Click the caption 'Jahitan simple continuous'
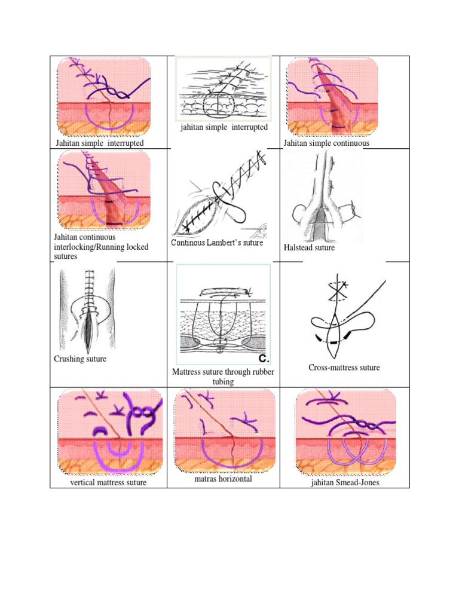click(x=326, y=143)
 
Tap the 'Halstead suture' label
click(x=309, y=247)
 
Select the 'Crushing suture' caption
click(x=80, y=359)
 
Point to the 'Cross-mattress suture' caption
click(x=344, y=368)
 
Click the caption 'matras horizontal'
click(x=224, y=479)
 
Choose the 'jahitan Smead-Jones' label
click(x=345, y=482)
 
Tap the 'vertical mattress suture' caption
click(x=108, y=482)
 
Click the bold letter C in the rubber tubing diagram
click(x=264, y=359)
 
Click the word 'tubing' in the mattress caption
click(x=224, y=381)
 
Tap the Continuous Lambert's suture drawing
click(x=219, y=192)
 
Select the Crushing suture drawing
click(x=87, y=308)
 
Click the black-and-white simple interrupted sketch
click(x=224, y=89)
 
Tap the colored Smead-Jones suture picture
click(x=345, y=432)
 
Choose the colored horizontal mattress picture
click(x=225, y=431)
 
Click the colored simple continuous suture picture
click(x=332, y=96)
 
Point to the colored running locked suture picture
click(x=104, y=191)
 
